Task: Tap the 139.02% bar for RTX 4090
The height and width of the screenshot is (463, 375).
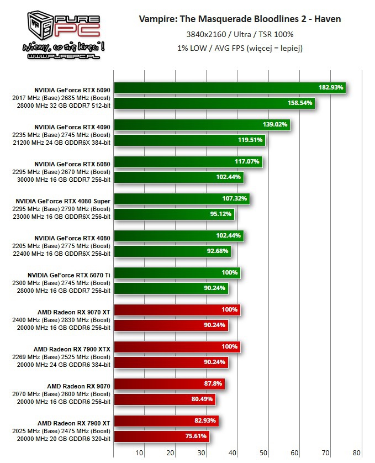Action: pos(202,124)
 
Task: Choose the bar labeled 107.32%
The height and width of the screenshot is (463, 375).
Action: pos(182,198)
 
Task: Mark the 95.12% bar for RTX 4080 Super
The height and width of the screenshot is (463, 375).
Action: pos(174,214)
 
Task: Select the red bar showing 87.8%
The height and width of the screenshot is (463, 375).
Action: pos(169,383)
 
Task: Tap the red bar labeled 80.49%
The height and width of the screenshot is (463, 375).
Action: pos(165,399)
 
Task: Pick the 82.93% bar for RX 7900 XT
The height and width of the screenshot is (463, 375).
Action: pos(166,421)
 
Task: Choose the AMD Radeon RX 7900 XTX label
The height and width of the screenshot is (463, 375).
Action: pos(72,349)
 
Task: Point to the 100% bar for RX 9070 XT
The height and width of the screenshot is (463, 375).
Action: pos(177,310)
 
